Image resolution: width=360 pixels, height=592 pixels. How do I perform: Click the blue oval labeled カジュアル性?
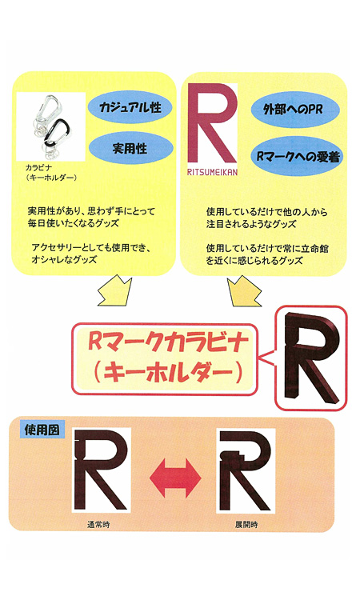click(130, 107)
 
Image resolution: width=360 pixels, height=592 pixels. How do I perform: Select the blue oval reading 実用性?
click(130, 148)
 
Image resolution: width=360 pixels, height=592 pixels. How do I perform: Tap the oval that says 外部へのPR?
click(295, 109)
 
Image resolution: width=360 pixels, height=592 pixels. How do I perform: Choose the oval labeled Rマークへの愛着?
click(298, 156)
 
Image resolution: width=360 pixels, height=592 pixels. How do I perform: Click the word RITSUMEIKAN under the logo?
click(213, 172)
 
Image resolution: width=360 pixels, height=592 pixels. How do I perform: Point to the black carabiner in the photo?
click(58, 133)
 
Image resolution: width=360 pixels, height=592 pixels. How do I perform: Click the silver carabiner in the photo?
click(48, 109)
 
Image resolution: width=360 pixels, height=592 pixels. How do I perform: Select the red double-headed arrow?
click(175, 478)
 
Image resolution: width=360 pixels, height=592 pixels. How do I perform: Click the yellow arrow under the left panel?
click(115, 290)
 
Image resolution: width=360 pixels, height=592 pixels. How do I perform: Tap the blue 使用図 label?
click(42, 430)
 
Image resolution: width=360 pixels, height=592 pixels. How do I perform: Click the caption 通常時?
click(98, 525)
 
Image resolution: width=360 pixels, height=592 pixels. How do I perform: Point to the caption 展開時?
click(246, 525)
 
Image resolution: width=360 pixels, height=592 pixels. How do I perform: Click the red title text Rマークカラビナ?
click(168, 342)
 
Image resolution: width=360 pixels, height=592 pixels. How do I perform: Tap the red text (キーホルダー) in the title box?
click(167, 373)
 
